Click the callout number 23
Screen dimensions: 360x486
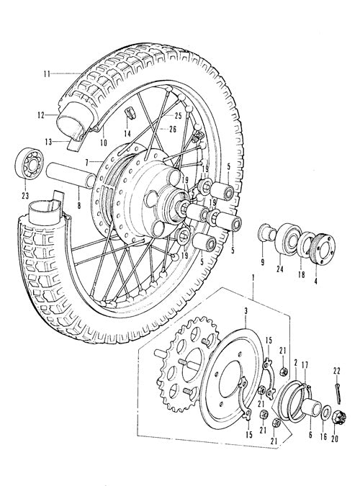tap(25, 196)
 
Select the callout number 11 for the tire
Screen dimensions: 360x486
tap(47, 74)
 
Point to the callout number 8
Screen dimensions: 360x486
tap(78, 205)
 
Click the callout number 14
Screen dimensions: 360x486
tap(127, 134)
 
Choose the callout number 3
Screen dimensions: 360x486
tap(246, 311)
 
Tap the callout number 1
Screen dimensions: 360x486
tap(253, 278)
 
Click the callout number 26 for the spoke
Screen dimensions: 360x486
tap(173, 129)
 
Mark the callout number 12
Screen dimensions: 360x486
tap(40, 115)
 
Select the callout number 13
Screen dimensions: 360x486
tap(49, 143)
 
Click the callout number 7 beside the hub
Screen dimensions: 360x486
tap(87, 162)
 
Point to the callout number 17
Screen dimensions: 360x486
tap(305, 366)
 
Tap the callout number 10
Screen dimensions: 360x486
tap(104, 143)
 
